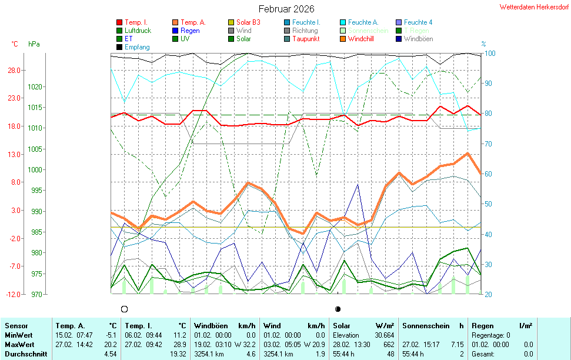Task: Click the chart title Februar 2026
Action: tap(286, 9)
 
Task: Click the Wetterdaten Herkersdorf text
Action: tap(534, 7)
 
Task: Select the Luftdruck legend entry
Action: tap(138, 31)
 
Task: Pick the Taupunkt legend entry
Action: tap(306, 39)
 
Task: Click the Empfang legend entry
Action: tap(137, 47)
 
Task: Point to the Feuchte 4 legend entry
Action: tap(418, 22)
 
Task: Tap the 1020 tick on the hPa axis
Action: tap(36, 86)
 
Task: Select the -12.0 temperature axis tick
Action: tap(13, 294)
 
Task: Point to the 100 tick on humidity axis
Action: tap(489, 54)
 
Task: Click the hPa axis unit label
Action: tap(34, 44)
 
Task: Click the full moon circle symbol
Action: tap(124, 309)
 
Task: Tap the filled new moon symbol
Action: tap(338, 309)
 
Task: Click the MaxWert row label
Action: tap(19, 344)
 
